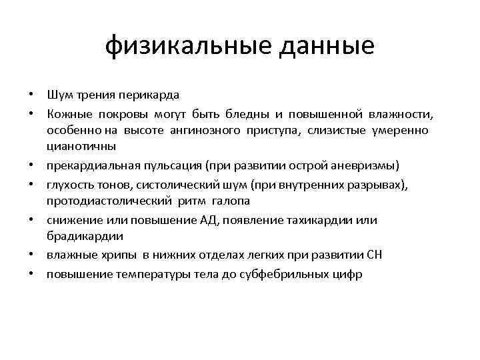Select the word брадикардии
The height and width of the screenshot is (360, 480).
point(81,236)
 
